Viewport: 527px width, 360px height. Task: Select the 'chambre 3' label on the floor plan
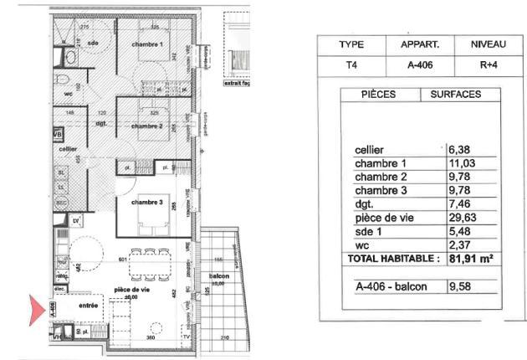point(146,203)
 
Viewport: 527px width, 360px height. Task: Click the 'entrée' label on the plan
point(89,306)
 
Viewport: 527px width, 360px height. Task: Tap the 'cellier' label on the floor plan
point(70,148)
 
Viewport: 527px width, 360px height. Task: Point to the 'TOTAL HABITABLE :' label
point(393,260)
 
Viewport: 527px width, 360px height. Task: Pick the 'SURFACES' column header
point(456,95)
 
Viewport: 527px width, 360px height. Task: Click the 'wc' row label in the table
point(361,245)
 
